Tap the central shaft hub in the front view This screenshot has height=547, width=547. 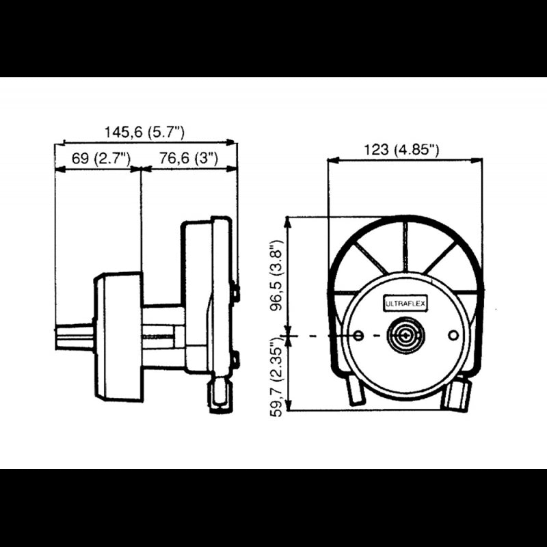coord(405,336)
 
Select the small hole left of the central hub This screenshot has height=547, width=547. coord(359,336)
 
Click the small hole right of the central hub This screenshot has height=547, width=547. coord(453,334)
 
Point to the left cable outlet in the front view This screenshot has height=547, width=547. coord(356,392)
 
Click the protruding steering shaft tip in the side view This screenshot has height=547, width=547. coord(74,337)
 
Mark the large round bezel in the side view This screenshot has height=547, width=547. coord(118,337)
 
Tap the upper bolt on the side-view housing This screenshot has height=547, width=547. coord(236,293)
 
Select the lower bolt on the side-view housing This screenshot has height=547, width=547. coord(236,358)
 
